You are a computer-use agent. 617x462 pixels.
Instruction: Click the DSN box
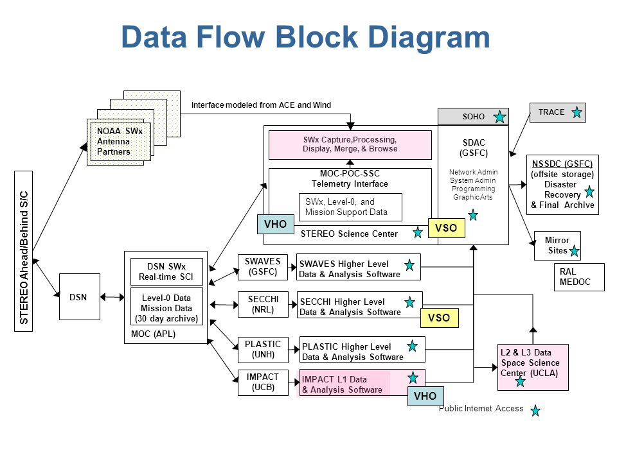[80, 296]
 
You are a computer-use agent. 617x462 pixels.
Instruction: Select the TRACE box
[558, 112]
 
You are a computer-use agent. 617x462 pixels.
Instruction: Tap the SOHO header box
[474, 117]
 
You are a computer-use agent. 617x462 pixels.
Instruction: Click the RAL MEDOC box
[579, 277]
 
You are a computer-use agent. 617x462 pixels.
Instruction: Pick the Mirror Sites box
[557, 246]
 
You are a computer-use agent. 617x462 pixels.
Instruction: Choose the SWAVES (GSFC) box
[263, 267]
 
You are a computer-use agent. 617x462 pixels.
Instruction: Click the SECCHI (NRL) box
[264, 304]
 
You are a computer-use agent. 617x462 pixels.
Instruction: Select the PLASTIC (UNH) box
[263, 350]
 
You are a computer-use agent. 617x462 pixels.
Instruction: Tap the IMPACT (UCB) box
[263, 382]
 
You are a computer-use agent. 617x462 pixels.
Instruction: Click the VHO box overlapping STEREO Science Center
[276, 225]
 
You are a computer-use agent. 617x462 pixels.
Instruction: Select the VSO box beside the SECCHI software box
[439, 318]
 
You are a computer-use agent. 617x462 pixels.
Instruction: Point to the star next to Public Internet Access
[535, 411]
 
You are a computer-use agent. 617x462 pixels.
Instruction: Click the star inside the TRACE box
[577, 112]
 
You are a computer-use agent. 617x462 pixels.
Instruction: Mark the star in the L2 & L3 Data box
[520, 381]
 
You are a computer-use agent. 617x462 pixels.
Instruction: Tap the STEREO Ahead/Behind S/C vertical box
[24, 252]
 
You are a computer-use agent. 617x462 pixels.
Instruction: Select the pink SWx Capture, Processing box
[350, 145]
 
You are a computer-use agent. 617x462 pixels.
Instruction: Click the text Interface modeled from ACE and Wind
[261, 105]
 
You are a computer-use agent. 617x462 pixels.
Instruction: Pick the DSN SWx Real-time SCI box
[166, 271]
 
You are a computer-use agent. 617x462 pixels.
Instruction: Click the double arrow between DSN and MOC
[112, 297]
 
